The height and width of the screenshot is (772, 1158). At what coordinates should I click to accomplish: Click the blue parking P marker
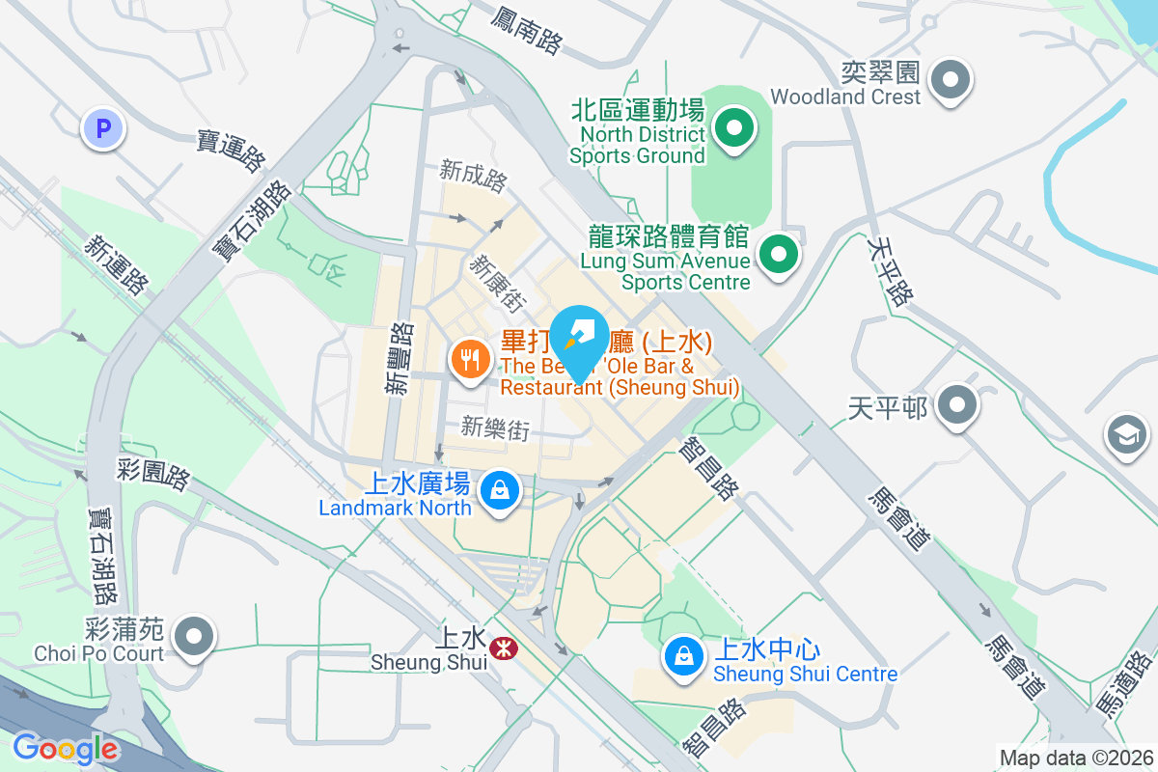click(x=102, y=127)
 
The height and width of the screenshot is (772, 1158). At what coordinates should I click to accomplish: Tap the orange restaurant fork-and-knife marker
click(x=470, y=361)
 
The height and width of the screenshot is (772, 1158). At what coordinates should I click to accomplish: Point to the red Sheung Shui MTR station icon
click(x=502, y=648)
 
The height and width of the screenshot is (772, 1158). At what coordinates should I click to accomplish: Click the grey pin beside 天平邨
click(x=956, y=405)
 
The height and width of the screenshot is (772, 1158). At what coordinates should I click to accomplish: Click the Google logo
click(x=66, y=749)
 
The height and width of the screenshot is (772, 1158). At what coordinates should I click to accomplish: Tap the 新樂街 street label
click(x=495, y=427)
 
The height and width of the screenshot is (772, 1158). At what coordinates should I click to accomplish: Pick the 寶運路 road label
click(x=231, y=151)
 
